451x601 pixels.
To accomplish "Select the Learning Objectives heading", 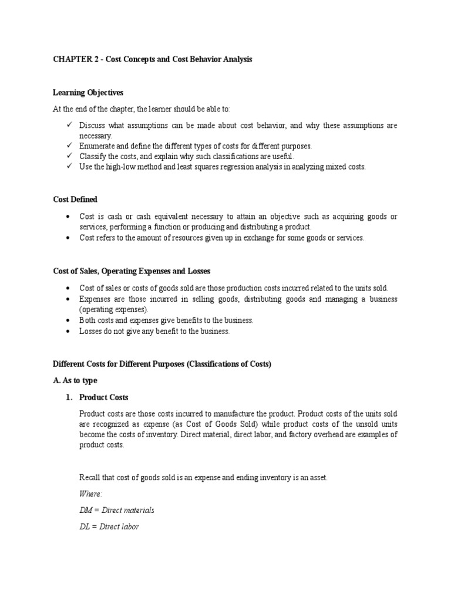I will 88,93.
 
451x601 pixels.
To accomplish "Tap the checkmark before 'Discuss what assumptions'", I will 69,125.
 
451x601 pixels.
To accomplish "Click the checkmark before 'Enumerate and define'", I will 69,146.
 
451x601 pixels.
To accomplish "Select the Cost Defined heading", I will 75,200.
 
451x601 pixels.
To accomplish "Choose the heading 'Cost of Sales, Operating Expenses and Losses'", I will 132,271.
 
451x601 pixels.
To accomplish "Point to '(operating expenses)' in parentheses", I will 115,309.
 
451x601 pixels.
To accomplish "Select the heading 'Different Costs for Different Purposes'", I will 162,364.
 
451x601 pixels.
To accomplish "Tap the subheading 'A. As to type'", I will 75,380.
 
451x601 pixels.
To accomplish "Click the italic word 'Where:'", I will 90,494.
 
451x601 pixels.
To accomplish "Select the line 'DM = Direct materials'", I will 117,510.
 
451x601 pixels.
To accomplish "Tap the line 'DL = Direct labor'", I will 109,526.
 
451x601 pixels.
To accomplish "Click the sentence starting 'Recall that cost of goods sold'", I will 203,478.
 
